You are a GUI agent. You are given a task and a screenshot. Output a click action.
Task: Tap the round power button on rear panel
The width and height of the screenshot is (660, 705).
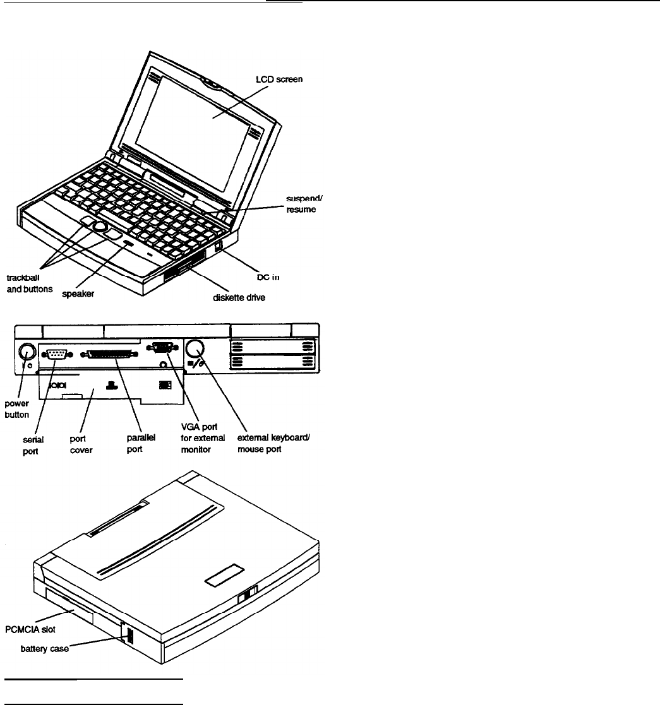(27, 351)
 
